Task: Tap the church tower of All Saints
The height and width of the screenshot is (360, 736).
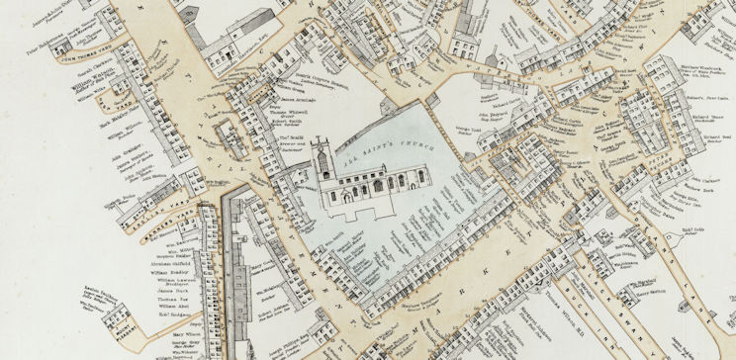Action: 321,162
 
